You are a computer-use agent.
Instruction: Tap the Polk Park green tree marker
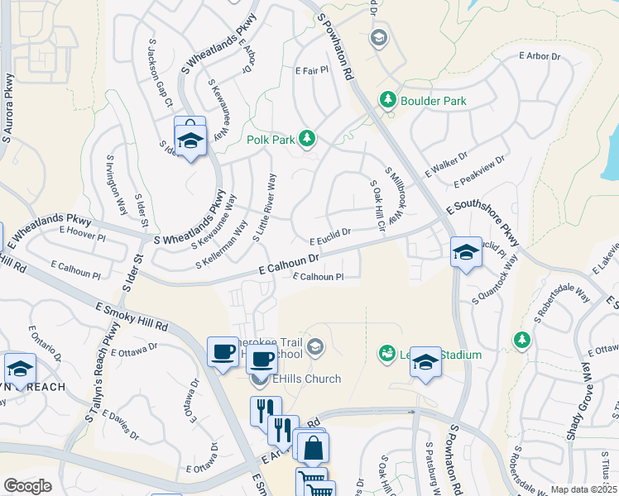point(307,137)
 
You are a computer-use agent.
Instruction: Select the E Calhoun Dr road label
point(289,265)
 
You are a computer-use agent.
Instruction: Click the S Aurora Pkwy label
point(10,107)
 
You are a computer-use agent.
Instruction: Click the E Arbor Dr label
point(540,56)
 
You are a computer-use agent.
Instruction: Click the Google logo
point(27,485)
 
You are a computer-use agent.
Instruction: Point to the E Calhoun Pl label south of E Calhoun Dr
point(318,277)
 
